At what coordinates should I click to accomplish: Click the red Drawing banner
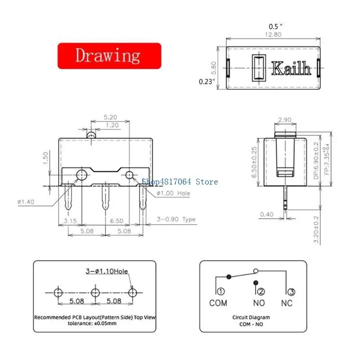click(x=109, y=56)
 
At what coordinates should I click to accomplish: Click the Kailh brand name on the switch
click(x=291, y=68)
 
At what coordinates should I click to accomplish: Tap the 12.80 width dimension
click(x=273, y=35)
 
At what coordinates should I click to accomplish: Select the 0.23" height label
click(x=207, y=81)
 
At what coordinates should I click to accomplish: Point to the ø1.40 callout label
click(x=26, y=202)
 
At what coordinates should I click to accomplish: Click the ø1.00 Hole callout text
click(x=173, y=193)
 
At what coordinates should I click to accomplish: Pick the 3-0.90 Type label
click(x=176, y=219)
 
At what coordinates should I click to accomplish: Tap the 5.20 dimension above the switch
click(x=110, y=117)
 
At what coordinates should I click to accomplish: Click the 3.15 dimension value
click(x=70, y=221)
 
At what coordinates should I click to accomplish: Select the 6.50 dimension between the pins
click(x=117, y=221)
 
